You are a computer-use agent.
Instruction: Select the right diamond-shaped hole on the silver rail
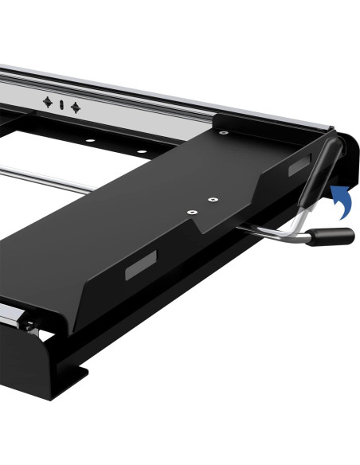coord(75,107)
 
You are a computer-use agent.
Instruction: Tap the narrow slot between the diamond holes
coord(61,105)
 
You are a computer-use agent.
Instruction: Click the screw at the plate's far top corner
coord(225,132)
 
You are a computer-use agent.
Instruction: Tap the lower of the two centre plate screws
coord(191,213)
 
